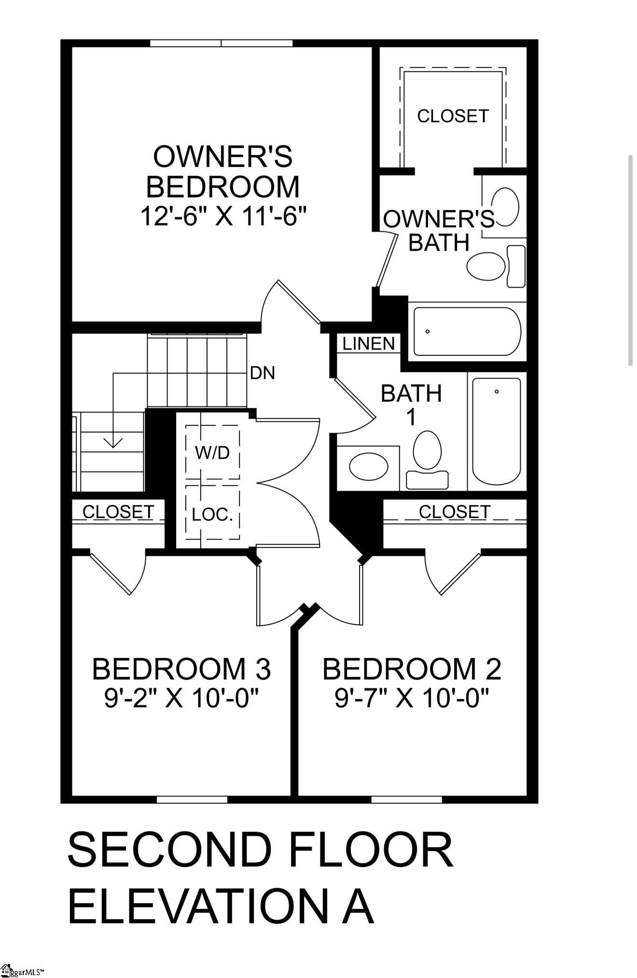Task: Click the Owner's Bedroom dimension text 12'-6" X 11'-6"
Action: [x=223, y=216]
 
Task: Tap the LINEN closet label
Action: [x=369, y=344]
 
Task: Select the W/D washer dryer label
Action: [x=212, y=452]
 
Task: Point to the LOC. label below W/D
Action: [x=212, y=515]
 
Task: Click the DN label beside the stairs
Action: [x=263, y=373]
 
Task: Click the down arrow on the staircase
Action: [x=113, y=441]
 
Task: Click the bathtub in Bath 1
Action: [x=496, y=431]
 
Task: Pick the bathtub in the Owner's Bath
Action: [x=467, y=332]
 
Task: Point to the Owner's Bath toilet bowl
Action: [x=486, y=265]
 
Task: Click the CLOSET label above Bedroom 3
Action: [x=118, y=512]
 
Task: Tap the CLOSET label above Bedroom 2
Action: [x=454, y=512]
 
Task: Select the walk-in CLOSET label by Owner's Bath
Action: [x=453, y=116]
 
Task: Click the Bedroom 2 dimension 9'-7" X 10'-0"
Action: [x=412, y=698]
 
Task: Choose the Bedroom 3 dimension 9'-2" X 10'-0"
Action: [x=181, y=698]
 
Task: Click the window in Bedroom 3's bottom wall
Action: [x=192, y=799]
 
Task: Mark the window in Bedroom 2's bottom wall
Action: [x=406, y=799]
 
